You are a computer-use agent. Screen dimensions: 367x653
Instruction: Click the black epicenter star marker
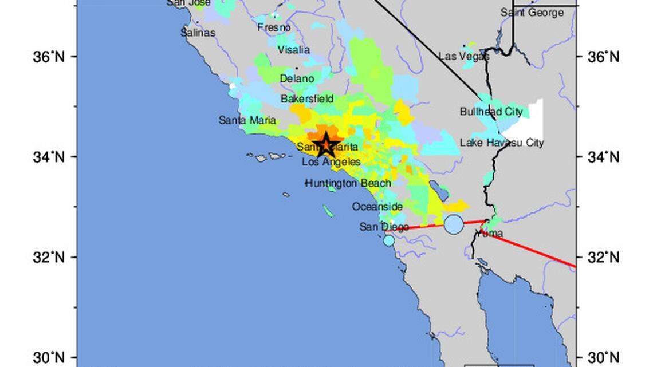tap(325, 144)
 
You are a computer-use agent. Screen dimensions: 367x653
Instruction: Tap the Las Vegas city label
tap(464, 56)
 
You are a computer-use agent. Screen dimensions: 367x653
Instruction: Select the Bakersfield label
tap(306, 99)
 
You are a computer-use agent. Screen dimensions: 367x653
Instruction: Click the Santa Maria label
tap(247, 120)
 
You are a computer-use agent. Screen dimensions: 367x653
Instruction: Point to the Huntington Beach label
tap(348, 183)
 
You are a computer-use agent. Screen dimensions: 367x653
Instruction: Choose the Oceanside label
tap(377, 207)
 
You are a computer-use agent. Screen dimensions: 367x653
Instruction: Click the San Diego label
tap(384, 227)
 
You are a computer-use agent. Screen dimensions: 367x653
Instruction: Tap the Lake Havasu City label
tap(502, 143)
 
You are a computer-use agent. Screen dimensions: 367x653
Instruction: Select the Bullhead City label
tap(491, 112)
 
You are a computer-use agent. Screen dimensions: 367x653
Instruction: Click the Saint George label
tap(532, 13)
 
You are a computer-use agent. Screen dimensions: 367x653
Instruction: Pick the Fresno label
tap(274, 27)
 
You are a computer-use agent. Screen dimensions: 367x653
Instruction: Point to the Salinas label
tap(198, 33)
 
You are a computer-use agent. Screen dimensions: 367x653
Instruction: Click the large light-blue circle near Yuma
tap(454, 224)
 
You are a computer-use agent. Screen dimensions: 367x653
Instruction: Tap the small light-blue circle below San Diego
tap(389, 240)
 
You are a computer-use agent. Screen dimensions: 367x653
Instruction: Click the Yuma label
tap(490, 234)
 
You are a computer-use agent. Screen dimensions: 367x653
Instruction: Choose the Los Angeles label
tap(332, 162)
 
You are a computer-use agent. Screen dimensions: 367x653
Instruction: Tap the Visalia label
tap(294, 50)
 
